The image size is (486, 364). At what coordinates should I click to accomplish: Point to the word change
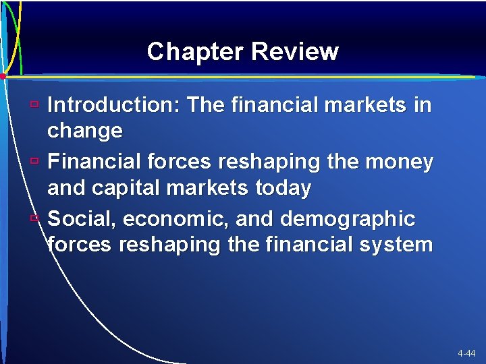click(85, 130)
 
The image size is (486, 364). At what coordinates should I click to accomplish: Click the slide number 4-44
click(466, 353)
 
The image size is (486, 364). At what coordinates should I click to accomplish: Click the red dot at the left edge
click(3, 76)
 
